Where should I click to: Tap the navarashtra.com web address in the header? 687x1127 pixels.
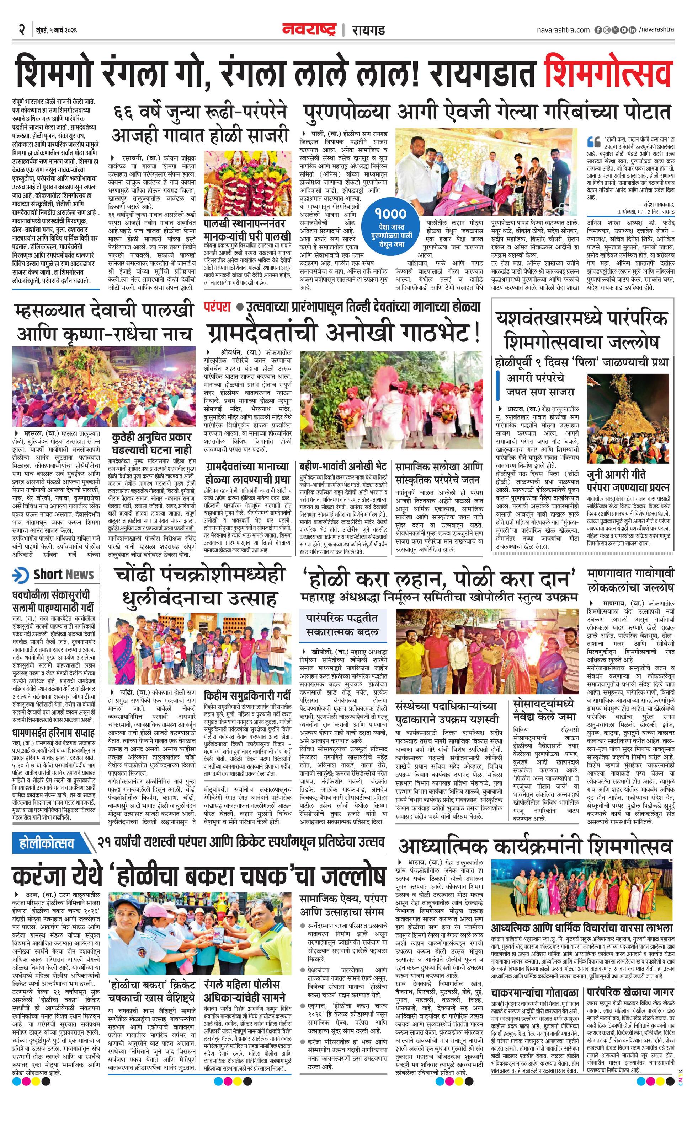563,30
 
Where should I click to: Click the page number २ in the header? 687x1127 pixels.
21,30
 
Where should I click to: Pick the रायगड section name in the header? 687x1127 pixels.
368,30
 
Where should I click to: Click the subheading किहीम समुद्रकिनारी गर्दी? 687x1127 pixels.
247,695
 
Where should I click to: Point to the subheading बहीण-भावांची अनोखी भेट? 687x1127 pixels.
343,467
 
